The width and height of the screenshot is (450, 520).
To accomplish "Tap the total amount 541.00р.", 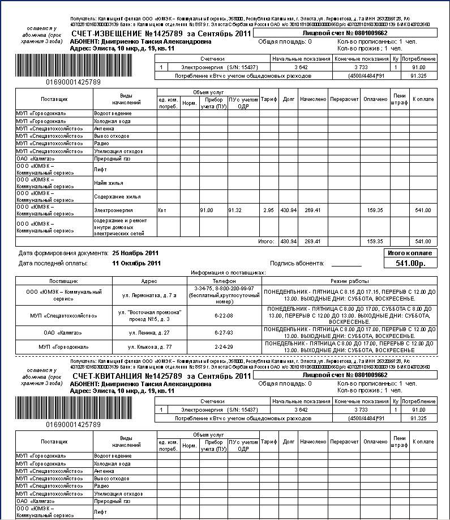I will (410, 263).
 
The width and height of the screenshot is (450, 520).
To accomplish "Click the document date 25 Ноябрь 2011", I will (136, 252).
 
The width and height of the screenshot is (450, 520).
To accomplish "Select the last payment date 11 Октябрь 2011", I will (136, 263).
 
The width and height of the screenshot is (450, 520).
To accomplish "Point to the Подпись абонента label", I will (297, 263).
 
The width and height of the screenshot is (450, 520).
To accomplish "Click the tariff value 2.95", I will (268, 210).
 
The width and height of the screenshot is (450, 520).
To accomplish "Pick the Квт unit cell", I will (163, 210).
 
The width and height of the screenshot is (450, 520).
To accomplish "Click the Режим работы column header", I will (350, 281).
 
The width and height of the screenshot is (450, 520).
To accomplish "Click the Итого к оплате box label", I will (410, 252).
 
